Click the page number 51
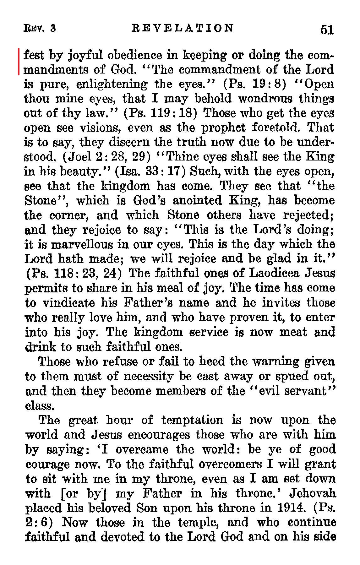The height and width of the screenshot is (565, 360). click(326, 30)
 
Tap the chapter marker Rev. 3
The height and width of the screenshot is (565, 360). click(40, 29)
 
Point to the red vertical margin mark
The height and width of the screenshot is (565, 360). click(19, 62)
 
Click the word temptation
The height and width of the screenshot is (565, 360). click(192, 420)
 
